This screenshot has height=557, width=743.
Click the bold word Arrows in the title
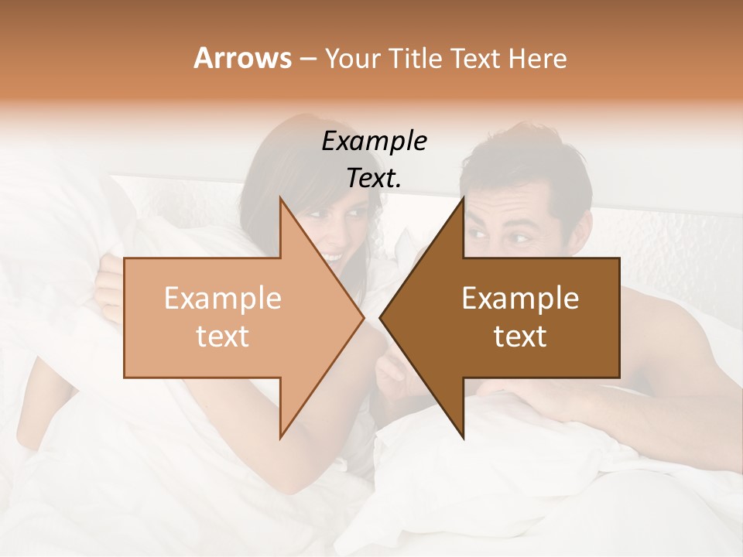242,58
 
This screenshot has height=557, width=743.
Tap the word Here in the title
536,58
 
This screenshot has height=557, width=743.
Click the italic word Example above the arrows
374,141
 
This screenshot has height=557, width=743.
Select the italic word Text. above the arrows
374,178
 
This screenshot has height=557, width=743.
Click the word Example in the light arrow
222,299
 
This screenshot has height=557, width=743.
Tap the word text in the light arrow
222,337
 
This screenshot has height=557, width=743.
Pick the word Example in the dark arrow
520,299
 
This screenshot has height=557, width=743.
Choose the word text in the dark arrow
520,337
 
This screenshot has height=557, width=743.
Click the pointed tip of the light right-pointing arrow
362,318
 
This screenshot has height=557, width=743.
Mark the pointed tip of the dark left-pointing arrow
381,318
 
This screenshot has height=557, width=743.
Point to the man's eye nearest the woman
479,233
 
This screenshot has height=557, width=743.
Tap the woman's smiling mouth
333,255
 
